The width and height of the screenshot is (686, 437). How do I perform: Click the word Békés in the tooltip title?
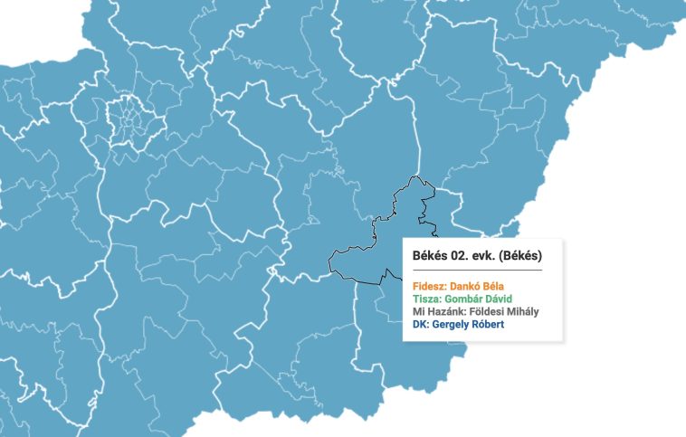[x=429, y=255]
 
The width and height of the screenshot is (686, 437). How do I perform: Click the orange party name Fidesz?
[x=429, y=287]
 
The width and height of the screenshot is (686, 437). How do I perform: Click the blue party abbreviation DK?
[x=419, y=325]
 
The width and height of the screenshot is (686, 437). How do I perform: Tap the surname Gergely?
[x=452, y=325]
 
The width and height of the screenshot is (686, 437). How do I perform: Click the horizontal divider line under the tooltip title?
[x=477, y=270]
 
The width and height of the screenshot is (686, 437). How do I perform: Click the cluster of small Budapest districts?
[x=132, y=121]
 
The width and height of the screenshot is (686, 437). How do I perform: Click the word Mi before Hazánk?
[x=418, y=312]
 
